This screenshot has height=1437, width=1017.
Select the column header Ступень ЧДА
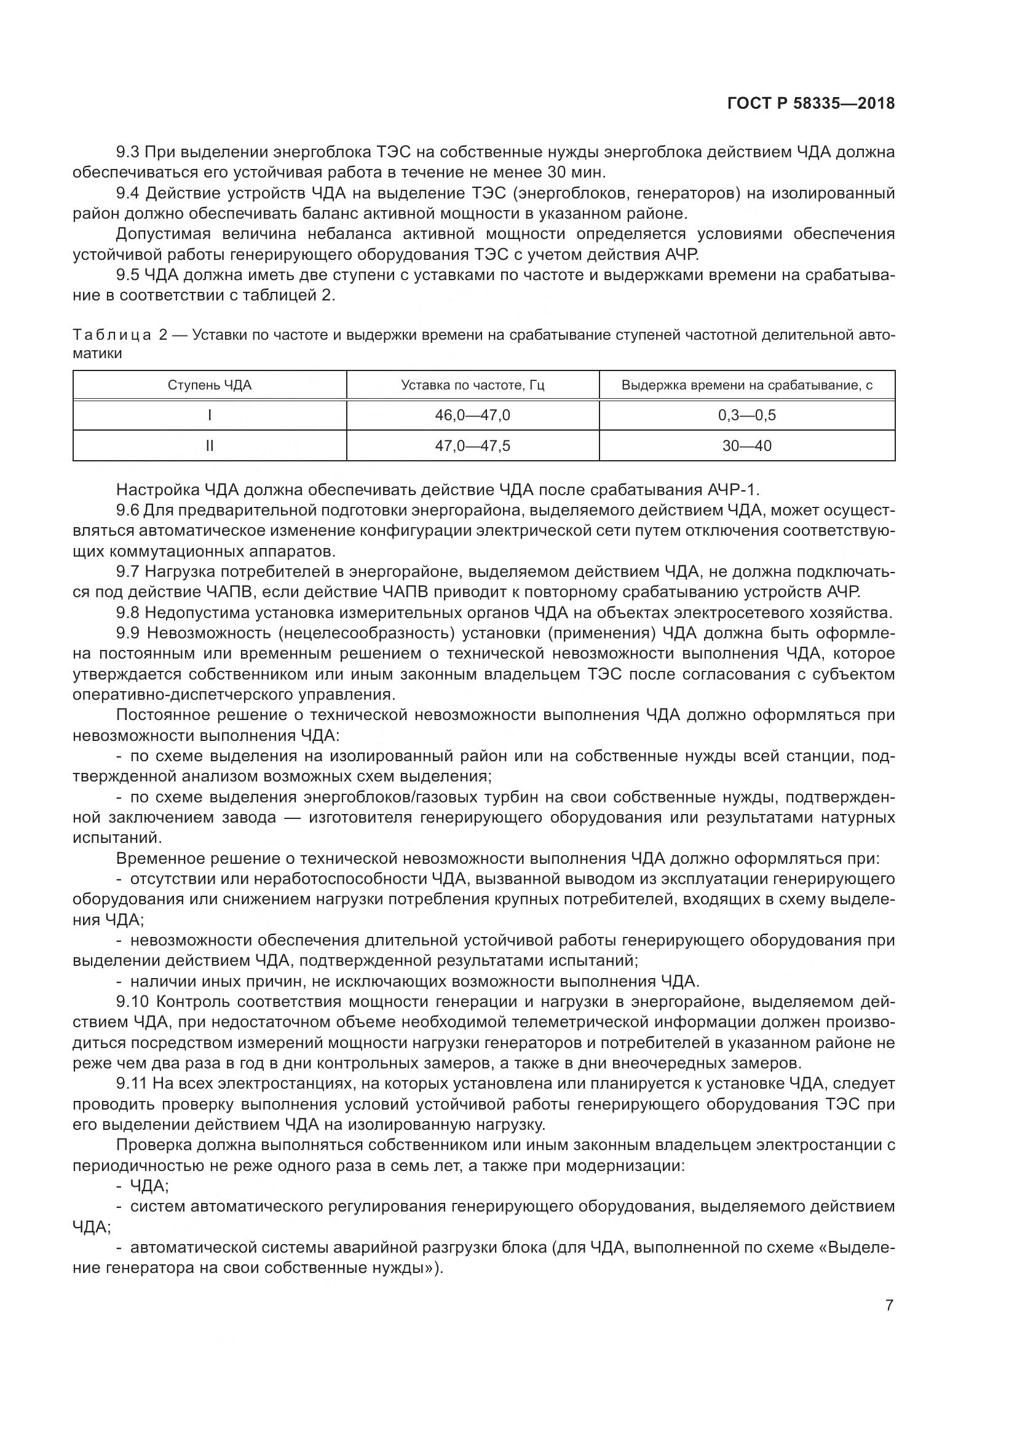coord(210,385)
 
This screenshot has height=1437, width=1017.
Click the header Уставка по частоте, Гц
coord(473,385)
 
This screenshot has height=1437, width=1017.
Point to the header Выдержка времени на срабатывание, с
coord(746,385)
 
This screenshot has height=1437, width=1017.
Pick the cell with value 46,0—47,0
coord(473,415)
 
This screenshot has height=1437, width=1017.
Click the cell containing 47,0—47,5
coord(473,445)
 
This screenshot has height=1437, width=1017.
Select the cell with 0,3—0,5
coord(746,415)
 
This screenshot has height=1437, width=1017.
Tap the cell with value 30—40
coord(746,445)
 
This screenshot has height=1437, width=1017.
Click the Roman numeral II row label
coord(210,445)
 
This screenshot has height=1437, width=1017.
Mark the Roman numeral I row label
coord(210,415)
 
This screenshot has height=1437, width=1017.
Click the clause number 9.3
coord(128,152)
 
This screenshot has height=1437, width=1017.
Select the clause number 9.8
coord(128,613)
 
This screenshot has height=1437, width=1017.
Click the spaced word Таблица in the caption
coord(111,335)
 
